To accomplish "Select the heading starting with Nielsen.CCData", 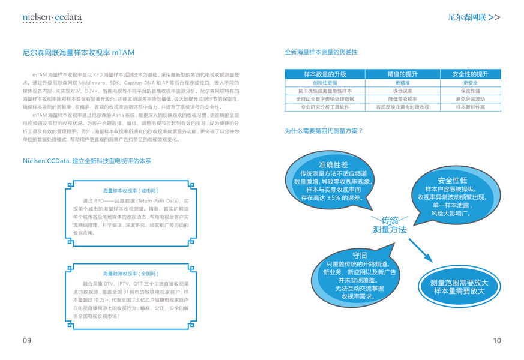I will (x=86, y=161).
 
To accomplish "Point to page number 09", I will (x=26, y=341).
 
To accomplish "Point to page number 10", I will (x=496, y=341).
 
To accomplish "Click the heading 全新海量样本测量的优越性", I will (x=321, y=53).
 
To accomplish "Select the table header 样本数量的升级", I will (x=325, y=74).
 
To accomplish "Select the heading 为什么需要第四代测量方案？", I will (x=323, y=130).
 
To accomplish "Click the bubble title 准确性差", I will (x=333, y=164).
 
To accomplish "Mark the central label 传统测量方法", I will (x=390, y=224).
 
